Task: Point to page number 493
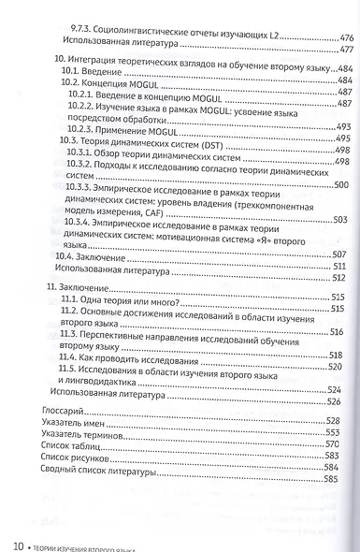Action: tap(341, 127)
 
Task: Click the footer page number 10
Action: tap(18, 542)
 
